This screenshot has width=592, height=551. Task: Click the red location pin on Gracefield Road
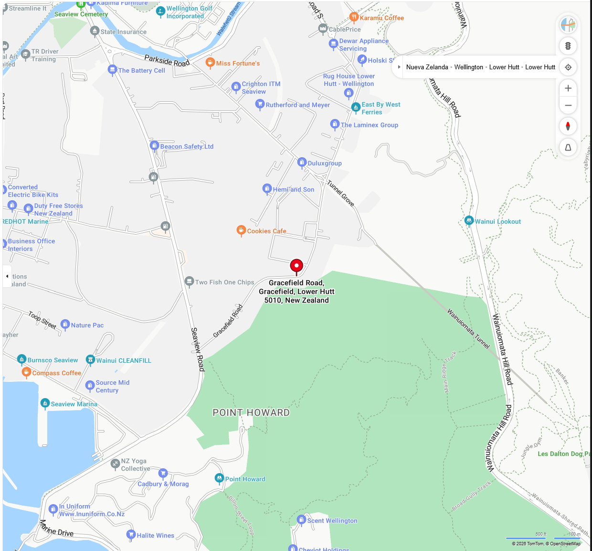click(x=296, y=266)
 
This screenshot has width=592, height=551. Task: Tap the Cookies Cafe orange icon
click(x=241, y=230)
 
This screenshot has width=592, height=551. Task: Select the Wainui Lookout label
click(x=497, y=222)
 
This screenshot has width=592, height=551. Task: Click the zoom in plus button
click(x=568, y=88)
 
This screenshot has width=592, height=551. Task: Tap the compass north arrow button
click(x=568, y=126)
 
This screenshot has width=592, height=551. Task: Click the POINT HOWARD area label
click(x=251, y=412)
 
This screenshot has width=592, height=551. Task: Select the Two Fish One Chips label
click(x=224, y=282)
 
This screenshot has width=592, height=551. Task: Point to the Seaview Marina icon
click(x=45, y=403)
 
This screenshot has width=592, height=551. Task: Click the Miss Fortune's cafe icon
click(x=210, y=63)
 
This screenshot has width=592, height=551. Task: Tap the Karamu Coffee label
click(x=381, y=18)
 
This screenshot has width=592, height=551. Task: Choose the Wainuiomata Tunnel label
click(x=468, y=328)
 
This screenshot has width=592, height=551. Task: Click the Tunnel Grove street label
click(x=340, y=193)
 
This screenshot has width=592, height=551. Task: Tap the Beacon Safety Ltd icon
click(x=154, y=146)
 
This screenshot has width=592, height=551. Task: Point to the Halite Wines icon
click(x=131, y=535)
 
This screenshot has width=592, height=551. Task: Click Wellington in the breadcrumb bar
click(x=468, y=67)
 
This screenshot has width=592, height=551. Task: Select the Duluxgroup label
click(x=325, y=163)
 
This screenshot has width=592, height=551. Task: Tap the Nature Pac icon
click(x=65, y=324)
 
